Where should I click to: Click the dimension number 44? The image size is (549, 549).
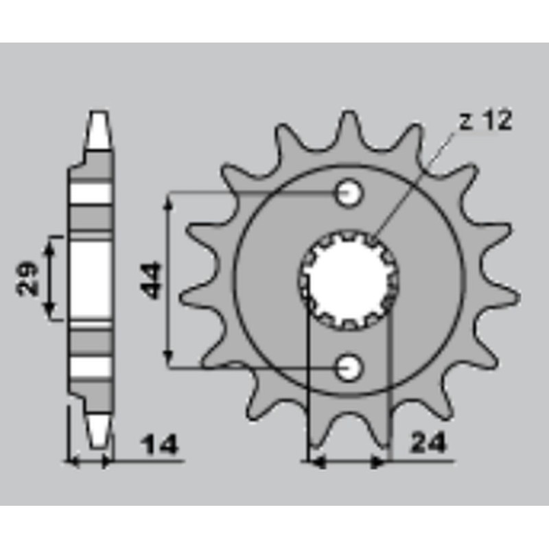(150, 281)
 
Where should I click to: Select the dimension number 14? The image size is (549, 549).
(159, 445)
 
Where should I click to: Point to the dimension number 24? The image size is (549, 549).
(428, 443)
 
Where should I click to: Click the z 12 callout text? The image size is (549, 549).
(486, 120)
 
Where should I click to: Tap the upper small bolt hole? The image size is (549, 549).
(349, 193)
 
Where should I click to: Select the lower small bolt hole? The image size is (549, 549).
(349, 368)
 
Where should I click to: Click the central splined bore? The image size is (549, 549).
(348, 280)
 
